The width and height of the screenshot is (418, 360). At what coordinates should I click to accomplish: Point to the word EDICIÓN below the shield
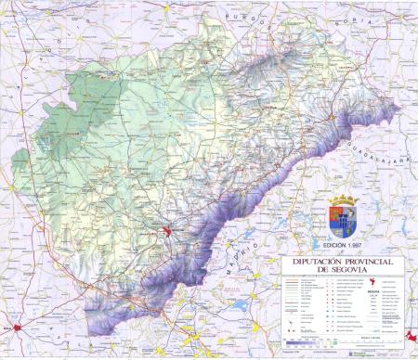pos(332,244)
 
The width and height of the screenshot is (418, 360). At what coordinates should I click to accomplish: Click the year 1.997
pos(357,244)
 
